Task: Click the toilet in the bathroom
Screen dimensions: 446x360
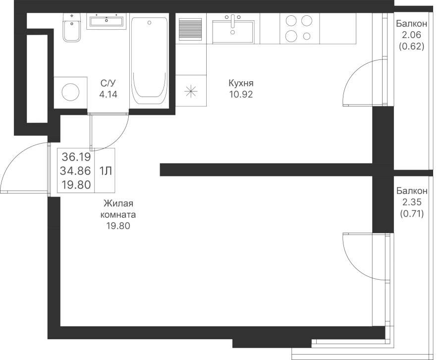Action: (x=72, y=28)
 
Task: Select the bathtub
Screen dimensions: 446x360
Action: (x=149, y=60)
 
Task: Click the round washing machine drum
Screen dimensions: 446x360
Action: (x=70, y=92)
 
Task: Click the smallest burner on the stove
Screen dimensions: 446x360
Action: (x=307, y=36)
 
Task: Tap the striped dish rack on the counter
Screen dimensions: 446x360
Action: (x=190, y=29)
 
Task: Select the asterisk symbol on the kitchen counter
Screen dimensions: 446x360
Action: (x=191, y=92)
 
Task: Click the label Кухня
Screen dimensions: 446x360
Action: (x=241, y=83)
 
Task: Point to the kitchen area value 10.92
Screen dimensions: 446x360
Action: (x=241, y=95)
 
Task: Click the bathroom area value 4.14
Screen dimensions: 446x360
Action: (x=108, y=95)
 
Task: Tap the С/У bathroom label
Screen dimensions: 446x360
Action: (x=109, y=83)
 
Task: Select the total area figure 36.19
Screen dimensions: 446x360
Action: (x=76, y=156)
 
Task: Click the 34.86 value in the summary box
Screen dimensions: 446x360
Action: (x=75, y=171)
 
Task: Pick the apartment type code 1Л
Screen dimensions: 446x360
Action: (x=105, y=171)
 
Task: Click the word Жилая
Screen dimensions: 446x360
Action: (x=118, y=204)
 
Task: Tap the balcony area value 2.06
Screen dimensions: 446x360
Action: (x=411, y=35)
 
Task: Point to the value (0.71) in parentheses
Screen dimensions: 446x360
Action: (x=412, y=213)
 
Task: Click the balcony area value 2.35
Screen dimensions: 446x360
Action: (x=412, y=202)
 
